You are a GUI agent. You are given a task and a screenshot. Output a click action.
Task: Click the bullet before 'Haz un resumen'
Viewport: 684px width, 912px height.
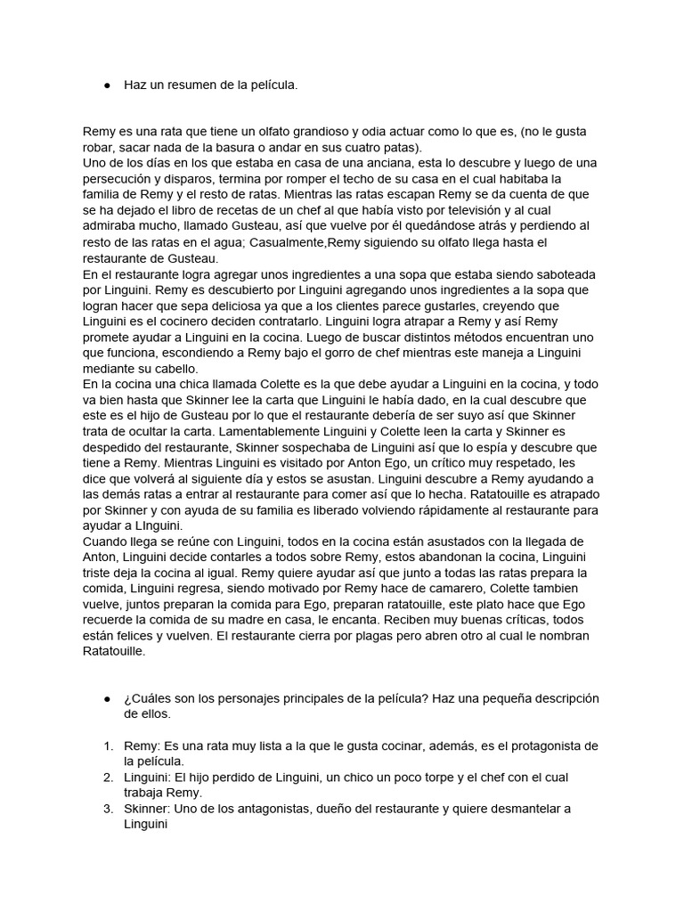107,85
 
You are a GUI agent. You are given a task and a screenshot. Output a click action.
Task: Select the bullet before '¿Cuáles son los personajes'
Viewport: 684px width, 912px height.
107,697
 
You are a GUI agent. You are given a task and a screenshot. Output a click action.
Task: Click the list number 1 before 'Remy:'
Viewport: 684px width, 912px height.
107,745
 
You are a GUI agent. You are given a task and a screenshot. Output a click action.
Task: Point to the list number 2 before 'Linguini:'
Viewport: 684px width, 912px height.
107,778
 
